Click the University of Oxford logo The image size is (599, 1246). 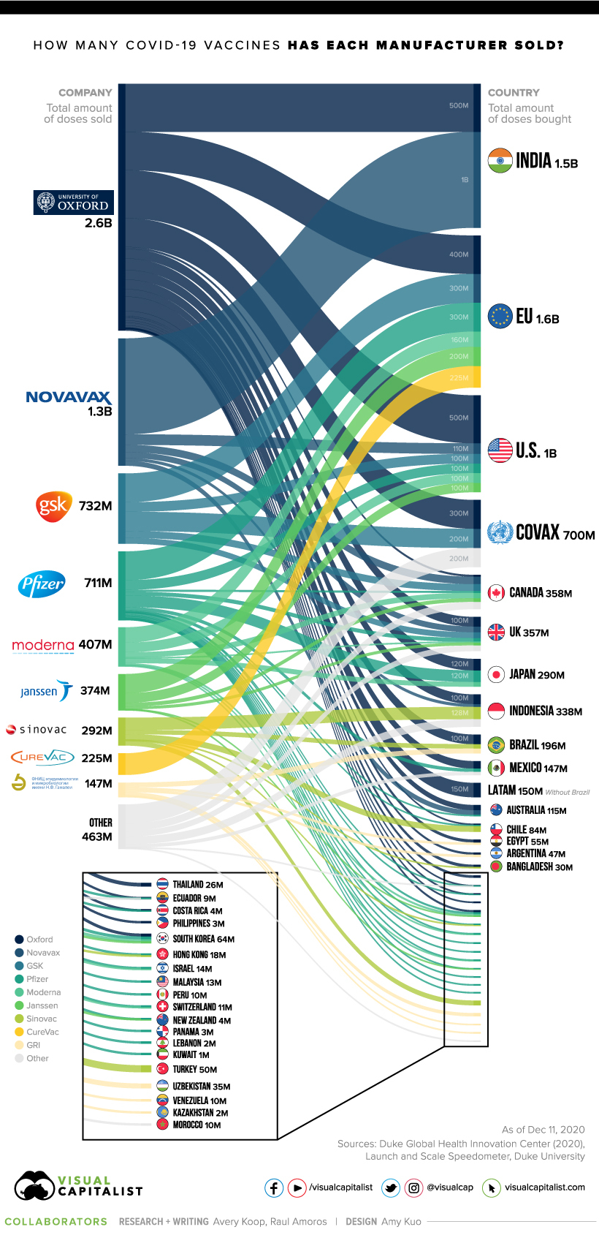[74, 203]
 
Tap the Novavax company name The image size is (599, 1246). [68, 397]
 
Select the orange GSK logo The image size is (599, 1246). [53, 506]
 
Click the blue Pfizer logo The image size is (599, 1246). [42, 584]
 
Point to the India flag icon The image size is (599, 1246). [500, 161]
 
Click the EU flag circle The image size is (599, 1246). [500, 317]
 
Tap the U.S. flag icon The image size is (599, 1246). [500, 450]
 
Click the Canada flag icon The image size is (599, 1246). [497, 593]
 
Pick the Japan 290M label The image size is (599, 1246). [537, 675]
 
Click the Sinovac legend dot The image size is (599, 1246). [19, 1019]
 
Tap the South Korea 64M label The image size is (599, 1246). [203, 939]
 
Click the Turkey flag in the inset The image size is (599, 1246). [163, 1069]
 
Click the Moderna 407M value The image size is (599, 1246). [95, 645]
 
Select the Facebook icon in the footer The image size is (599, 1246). [274, 1188]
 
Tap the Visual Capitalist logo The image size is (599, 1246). [78, 1186]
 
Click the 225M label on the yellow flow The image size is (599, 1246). [459, 378]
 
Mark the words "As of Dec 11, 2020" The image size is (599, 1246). [543, 1130]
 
